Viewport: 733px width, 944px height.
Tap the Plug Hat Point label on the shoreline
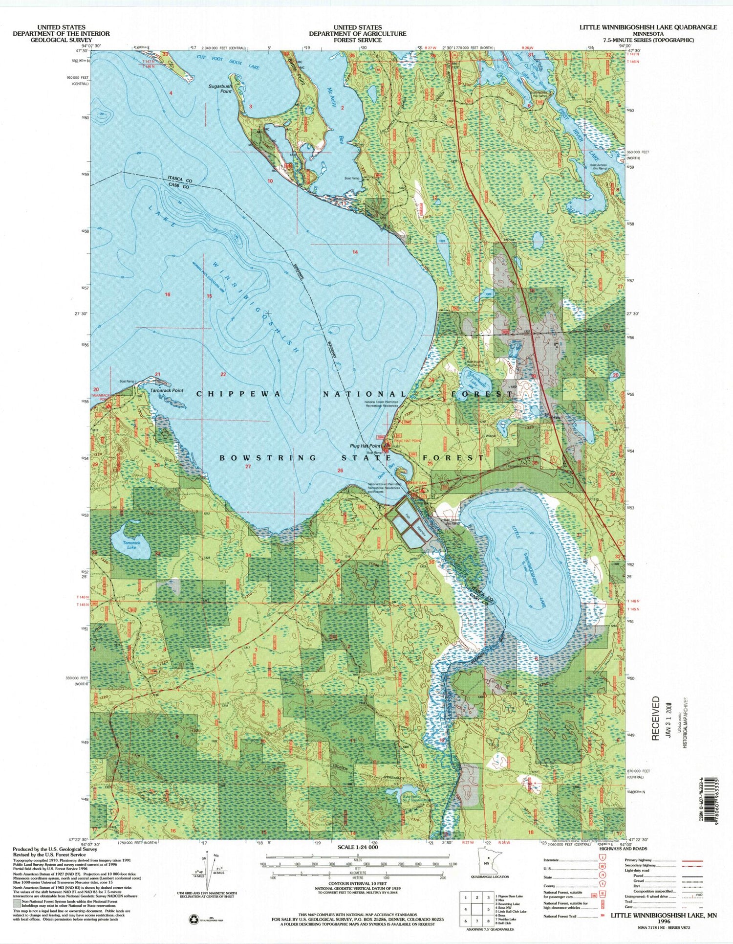pyautogui.click(x=365, y=446)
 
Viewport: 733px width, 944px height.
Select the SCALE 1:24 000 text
pyautogui.click(x=358, y=847)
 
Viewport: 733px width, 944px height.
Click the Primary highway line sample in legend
pyautogui.click(x=692, y=860)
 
